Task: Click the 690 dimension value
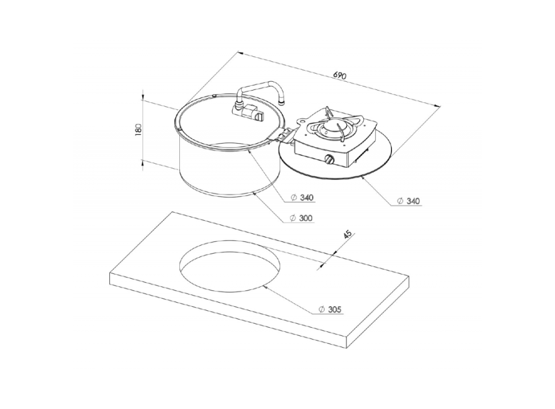340,75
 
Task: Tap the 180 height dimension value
138,129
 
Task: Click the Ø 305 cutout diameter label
330,310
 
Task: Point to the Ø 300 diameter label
301,218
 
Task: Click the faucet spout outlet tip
282,102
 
